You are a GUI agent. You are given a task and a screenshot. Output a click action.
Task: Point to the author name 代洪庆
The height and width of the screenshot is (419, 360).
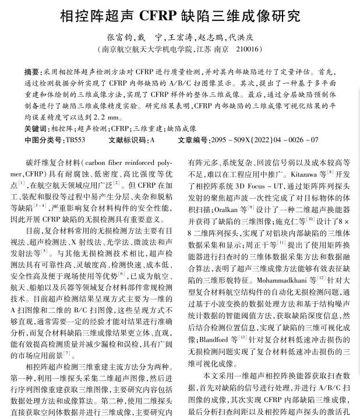click(240, 36)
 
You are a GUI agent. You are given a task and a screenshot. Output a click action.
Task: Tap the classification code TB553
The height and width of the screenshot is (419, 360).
click(75, 140)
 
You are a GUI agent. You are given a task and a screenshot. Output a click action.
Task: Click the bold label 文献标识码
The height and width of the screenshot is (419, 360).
click(128, 140)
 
